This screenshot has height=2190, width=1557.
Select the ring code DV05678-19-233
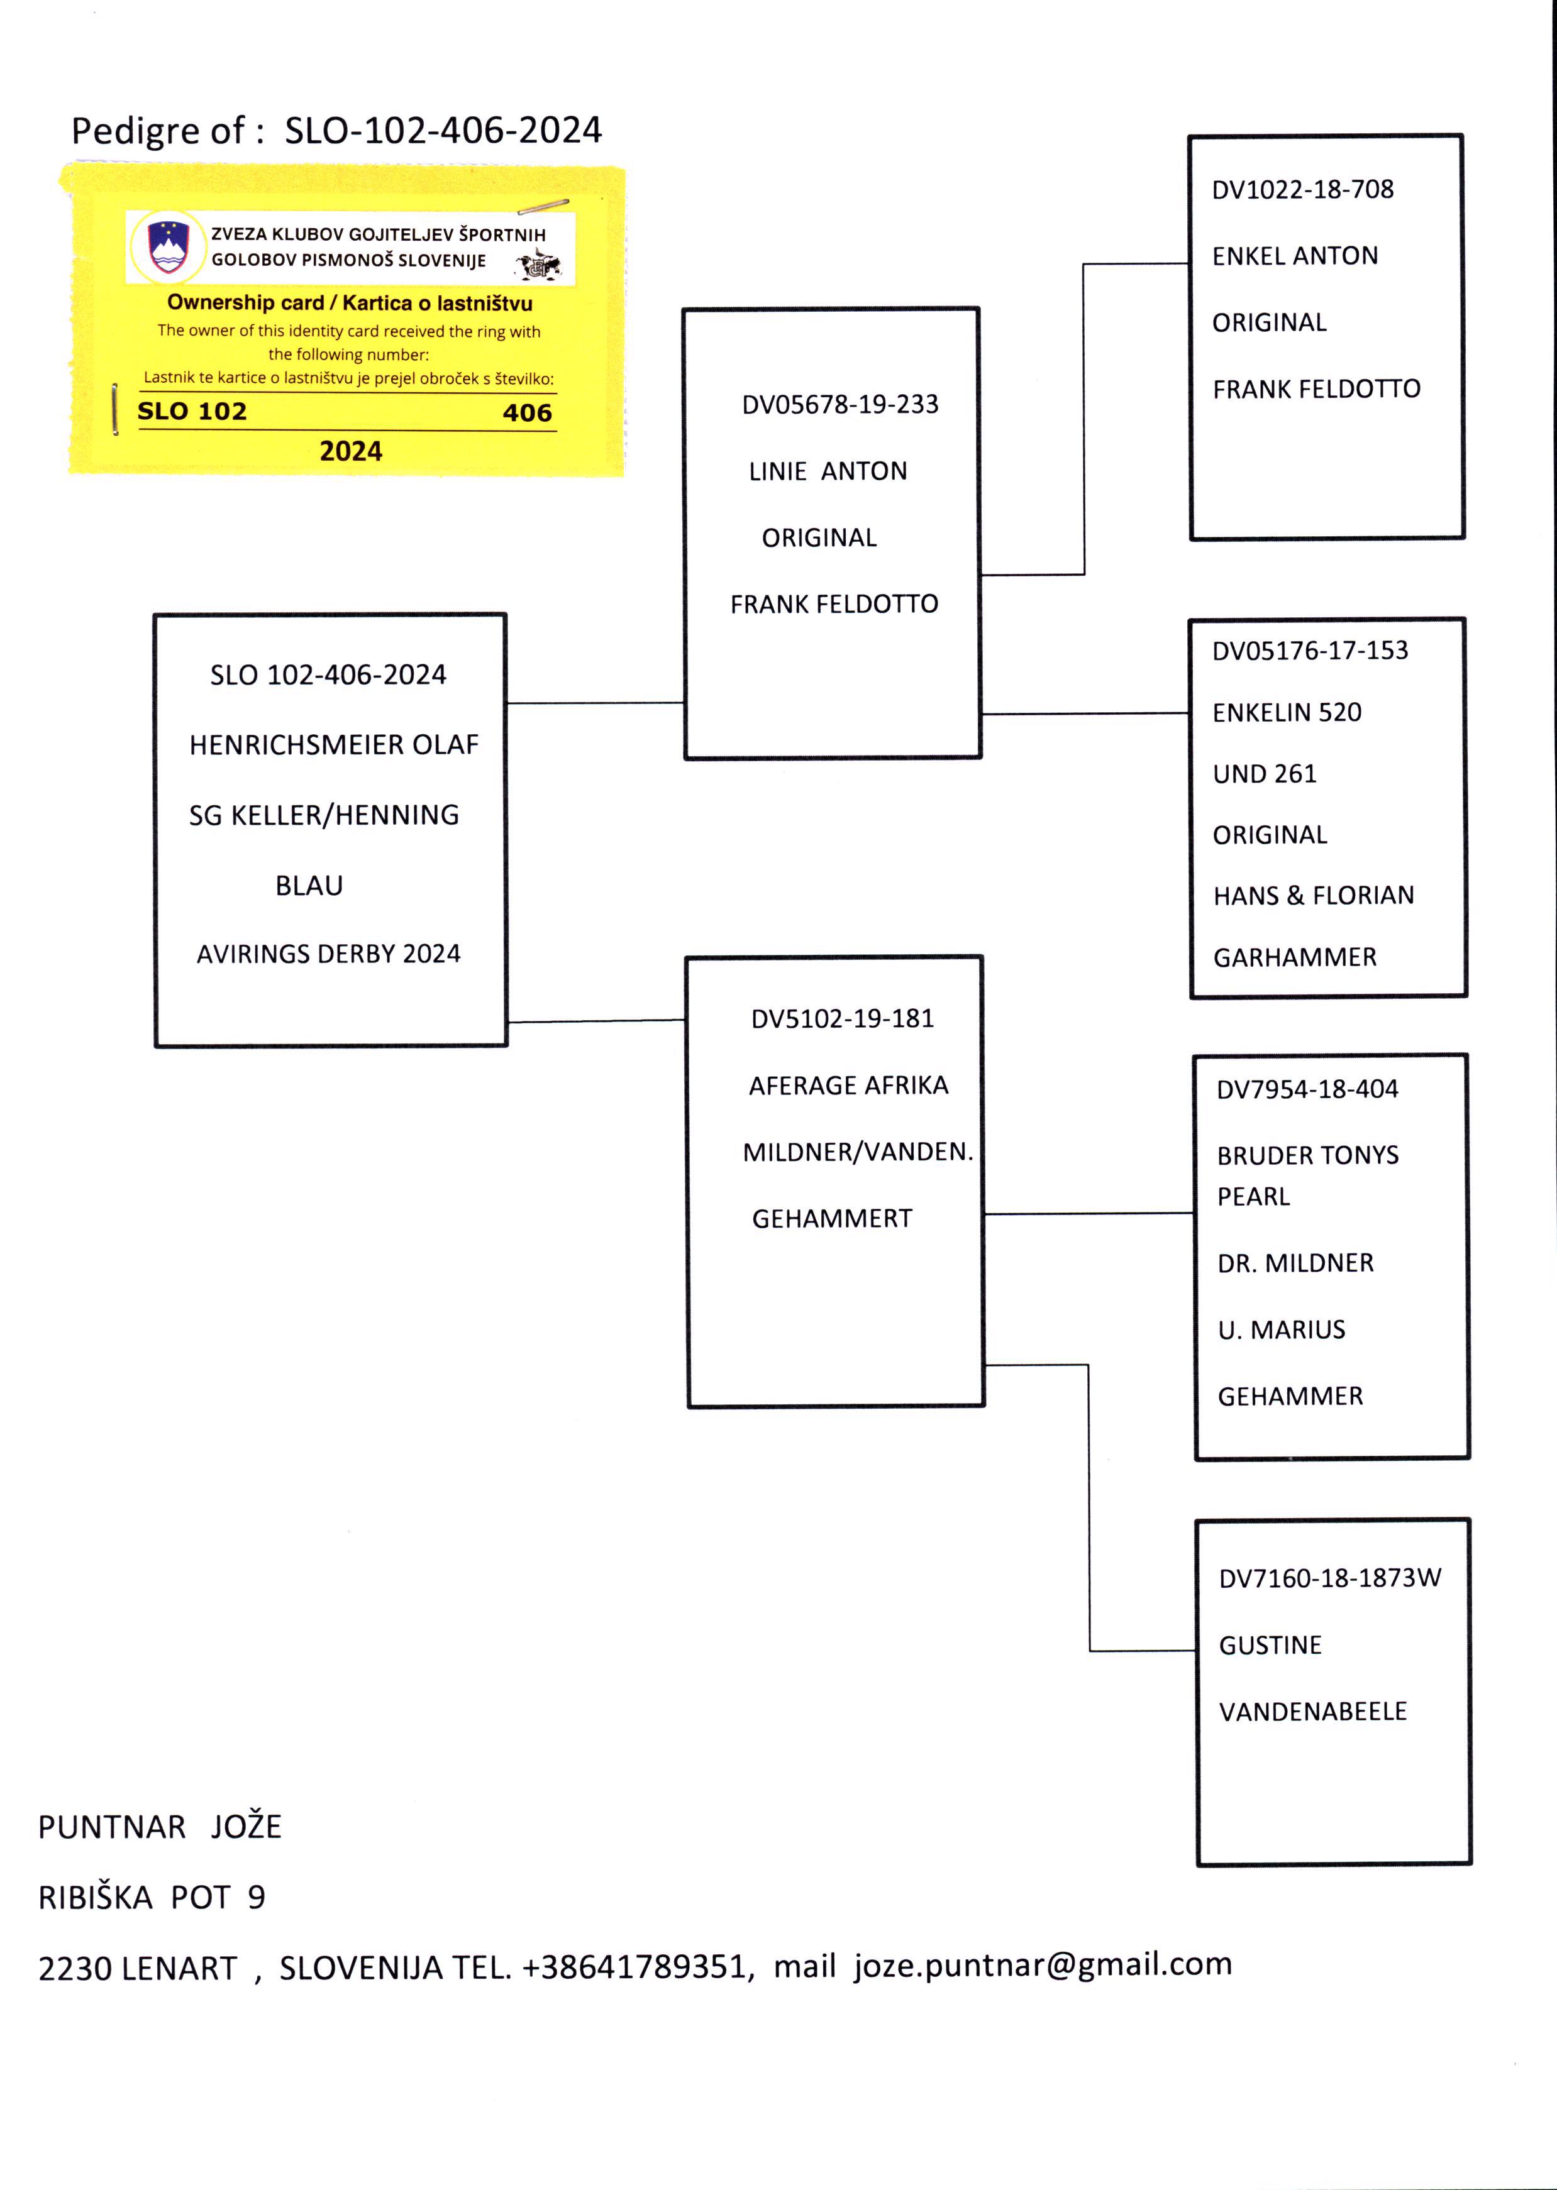coord(840,404)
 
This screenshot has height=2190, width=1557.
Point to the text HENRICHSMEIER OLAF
coord(334,745)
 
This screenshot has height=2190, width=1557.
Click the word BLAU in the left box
coord(309,886)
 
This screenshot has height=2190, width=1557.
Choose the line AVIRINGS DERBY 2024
coord(328,954)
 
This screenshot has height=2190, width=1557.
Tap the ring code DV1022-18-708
coord(1302,190)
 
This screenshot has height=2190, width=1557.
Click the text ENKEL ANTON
coord(1294,256)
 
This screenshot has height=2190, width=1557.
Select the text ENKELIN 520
coord(1287,712)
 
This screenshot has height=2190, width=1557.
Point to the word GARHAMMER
coord(1294,957)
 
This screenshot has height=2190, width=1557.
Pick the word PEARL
coord(1253,1196)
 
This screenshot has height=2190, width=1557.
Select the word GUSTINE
coord(1270,1646)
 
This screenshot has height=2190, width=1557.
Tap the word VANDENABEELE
coord(1312,1712)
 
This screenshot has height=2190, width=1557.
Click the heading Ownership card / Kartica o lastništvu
coord(350,303)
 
